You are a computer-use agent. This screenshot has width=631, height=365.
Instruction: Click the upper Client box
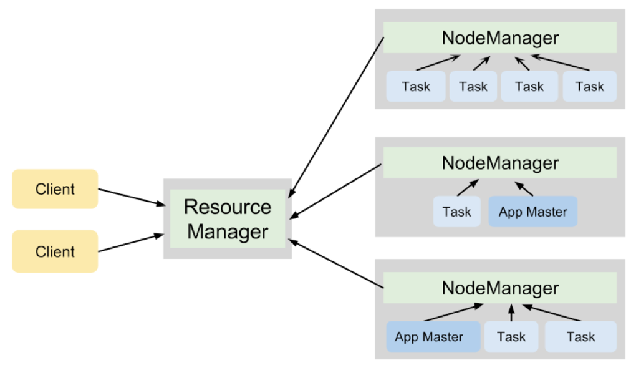coord(55,189)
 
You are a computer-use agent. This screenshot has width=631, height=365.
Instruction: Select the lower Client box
coord(55,251)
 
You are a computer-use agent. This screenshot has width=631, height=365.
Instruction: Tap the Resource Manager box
coord(228,219)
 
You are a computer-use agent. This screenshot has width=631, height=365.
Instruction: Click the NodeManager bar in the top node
coord(500,38)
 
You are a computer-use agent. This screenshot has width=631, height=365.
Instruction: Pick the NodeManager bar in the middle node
coord(500,163)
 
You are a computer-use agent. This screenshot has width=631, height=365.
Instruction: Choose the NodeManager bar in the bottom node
coord(500,288)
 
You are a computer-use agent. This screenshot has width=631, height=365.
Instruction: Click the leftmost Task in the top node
coord(416,87)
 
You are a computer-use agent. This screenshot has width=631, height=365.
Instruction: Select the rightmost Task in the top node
coord(589,87)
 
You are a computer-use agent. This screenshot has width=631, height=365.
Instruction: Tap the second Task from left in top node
coord(473,87)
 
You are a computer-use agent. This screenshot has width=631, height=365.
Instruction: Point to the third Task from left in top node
coord(529,87)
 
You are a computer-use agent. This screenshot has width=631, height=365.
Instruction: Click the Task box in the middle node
coord(456,212)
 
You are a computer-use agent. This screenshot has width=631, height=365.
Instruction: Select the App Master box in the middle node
coord(533,212)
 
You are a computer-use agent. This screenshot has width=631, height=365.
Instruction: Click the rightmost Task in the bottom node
coord(580,337)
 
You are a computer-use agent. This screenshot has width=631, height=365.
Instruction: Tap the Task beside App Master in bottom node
coord(511,337)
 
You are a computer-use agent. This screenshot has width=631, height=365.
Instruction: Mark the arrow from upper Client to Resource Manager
coord(131,197)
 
